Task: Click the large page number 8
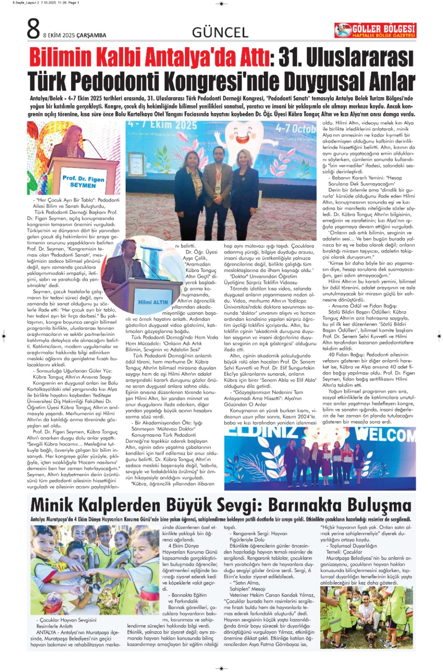coord(33,29)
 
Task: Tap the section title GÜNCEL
coord(220,33)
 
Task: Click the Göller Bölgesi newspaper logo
coord(375,31)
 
